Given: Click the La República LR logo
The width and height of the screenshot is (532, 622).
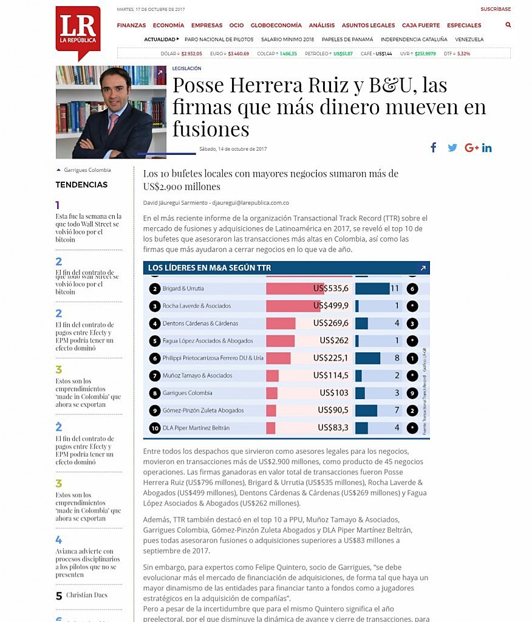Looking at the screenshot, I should click(78, 30).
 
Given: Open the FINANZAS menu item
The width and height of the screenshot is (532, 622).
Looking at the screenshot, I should click(131, 26).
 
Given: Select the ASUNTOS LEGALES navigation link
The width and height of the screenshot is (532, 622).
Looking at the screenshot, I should click(368, 26).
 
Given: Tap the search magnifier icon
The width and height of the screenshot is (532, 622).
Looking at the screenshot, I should click(508, 26).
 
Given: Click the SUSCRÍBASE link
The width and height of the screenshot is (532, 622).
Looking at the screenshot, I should click(496, 9).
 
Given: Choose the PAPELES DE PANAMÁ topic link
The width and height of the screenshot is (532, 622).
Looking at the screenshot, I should click(347, 39).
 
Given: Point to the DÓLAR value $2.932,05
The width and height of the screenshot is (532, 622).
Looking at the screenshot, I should click(191, 53).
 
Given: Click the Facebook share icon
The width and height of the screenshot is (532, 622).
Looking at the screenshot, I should click(434, 148).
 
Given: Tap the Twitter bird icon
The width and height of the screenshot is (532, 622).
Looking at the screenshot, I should click(452, 148).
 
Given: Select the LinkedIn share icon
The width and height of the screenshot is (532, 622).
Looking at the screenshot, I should click(487, 148).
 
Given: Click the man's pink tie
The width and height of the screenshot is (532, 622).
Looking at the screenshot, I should click(113, 125).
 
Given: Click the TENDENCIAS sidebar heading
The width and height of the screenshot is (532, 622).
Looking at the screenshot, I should click(81, 185).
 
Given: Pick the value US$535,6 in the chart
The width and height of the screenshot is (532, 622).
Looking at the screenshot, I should click(331, 288).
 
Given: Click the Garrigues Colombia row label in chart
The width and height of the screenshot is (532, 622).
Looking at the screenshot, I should click(188, 393).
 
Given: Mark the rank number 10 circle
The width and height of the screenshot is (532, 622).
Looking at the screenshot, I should click(155, 428).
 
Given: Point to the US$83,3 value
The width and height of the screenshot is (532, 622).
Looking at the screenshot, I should click(333, 428).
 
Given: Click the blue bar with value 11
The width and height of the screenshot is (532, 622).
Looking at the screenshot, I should click(372, 289).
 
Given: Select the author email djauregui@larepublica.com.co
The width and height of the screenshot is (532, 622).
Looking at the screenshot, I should click(256, 202).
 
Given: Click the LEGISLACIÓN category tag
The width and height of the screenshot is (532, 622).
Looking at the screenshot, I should click(186, 69).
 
